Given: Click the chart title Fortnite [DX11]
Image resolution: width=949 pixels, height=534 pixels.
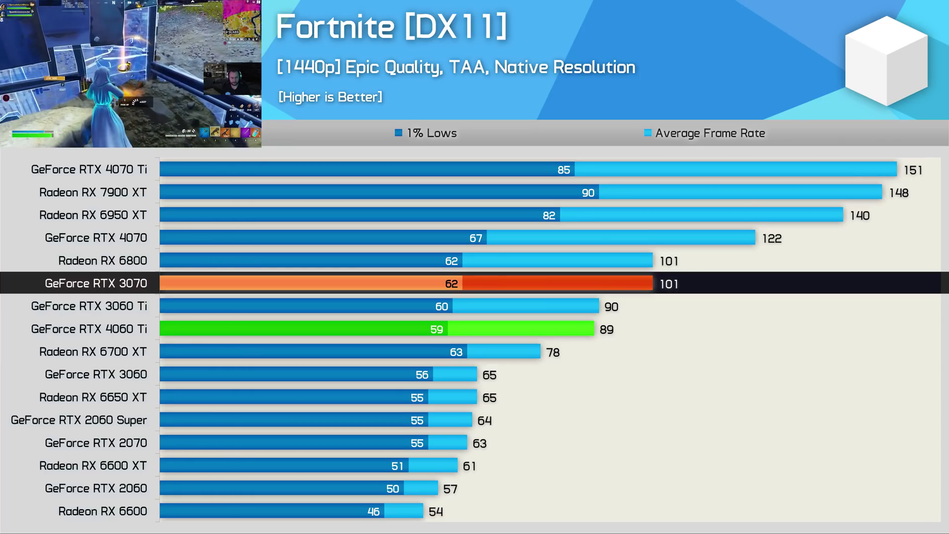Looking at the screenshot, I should [x=391, y=27].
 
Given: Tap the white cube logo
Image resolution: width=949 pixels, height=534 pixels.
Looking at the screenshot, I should [x=886, y=61].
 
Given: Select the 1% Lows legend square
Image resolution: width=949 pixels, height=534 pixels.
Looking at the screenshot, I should [x=398, y=133].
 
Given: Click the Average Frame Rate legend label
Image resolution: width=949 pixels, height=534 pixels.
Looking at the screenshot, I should [x=710, y=133].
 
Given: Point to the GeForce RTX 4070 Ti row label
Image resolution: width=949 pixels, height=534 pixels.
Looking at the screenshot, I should [x=89, y=170].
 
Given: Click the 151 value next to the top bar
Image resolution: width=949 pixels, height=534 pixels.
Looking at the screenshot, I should [x=912, y=170].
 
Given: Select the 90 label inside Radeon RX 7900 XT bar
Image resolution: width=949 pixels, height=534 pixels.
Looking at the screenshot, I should [x=588, y=193].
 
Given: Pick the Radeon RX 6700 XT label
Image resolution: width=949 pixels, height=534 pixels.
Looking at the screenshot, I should [x=93, y=352].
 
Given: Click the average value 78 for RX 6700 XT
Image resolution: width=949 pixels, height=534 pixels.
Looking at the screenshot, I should [x=553, y=353].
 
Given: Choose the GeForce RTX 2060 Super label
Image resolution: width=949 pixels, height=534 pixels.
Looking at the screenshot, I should [x=79, y=420].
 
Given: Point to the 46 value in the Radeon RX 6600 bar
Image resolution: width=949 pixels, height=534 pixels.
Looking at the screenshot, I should [x=373, y=512].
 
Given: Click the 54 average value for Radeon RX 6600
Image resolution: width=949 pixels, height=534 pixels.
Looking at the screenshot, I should [x=435, y=512].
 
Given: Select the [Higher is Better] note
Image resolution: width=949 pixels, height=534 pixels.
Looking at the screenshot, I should [x=330, y=97].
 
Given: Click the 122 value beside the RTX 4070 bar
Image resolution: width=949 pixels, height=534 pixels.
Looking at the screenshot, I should [x=772, y=238].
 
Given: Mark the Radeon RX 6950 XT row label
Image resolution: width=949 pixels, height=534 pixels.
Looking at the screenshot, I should [x=93, y=215].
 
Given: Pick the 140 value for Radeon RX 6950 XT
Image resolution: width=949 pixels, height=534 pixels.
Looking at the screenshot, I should [x=860, y=216].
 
